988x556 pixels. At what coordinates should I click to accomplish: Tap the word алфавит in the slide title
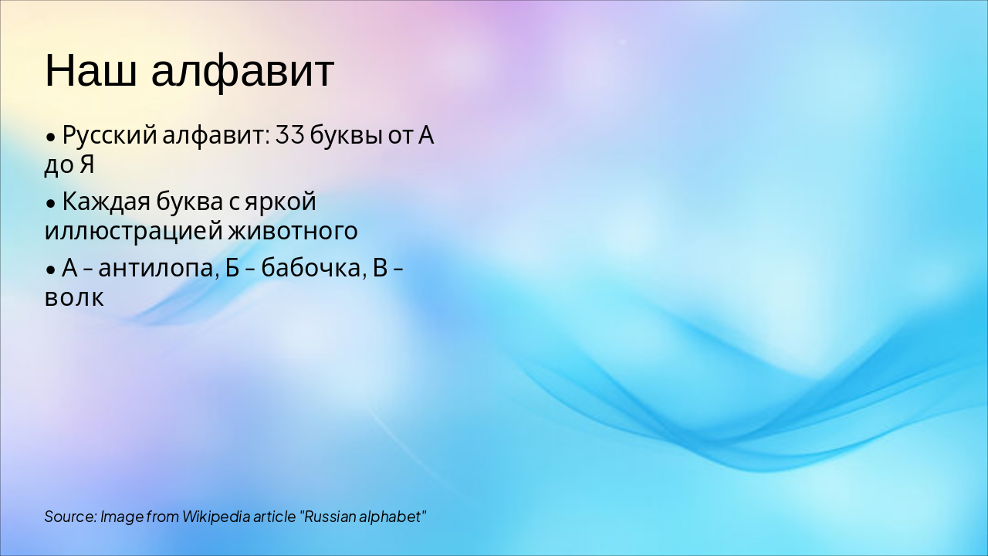[x=242, y=71]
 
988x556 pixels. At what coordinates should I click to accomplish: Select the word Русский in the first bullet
[x=110, y=136]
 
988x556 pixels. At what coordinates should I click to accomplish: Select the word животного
[x=293, y=231]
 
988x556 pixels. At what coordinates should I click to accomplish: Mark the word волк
[x=73, y=297]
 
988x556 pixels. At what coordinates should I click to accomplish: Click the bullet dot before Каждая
[x=50, y=205]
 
